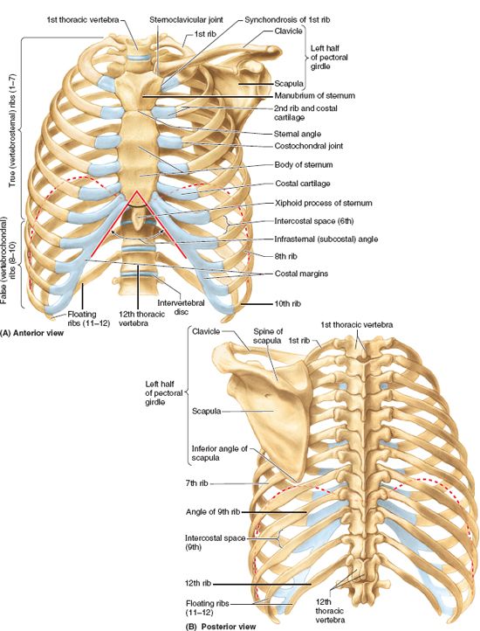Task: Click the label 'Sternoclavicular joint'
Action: [x=186, y=19]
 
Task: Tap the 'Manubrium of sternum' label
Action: [x=315, y=96]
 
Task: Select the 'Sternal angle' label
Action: [x=298, y=134]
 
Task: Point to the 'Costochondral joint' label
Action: [x=309, y=146]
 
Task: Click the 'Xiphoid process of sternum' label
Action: [x=324, y=203]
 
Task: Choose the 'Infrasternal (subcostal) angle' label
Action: [x=326, y=239]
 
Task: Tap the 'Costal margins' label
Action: [x=301, y=274]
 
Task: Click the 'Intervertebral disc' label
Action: [x=181, y=307]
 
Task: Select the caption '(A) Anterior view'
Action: [x=32, y=333]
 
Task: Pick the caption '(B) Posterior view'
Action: [x=221, y=626]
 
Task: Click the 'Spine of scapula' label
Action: [x=267, y=336]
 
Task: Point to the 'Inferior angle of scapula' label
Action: [x=220, y=453]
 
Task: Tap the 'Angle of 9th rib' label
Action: [x=213, y=512]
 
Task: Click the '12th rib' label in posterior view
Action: [x=198, y=584]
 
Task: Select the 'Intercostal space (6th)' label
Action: [x=314, y=221]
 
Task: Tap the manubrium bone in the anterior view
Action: [x=140, y=87]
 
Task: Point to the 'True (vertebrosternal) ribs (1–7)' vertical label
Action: [x=12, y=129]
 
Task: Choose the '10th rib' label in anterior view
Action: [x=288, y=304]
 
